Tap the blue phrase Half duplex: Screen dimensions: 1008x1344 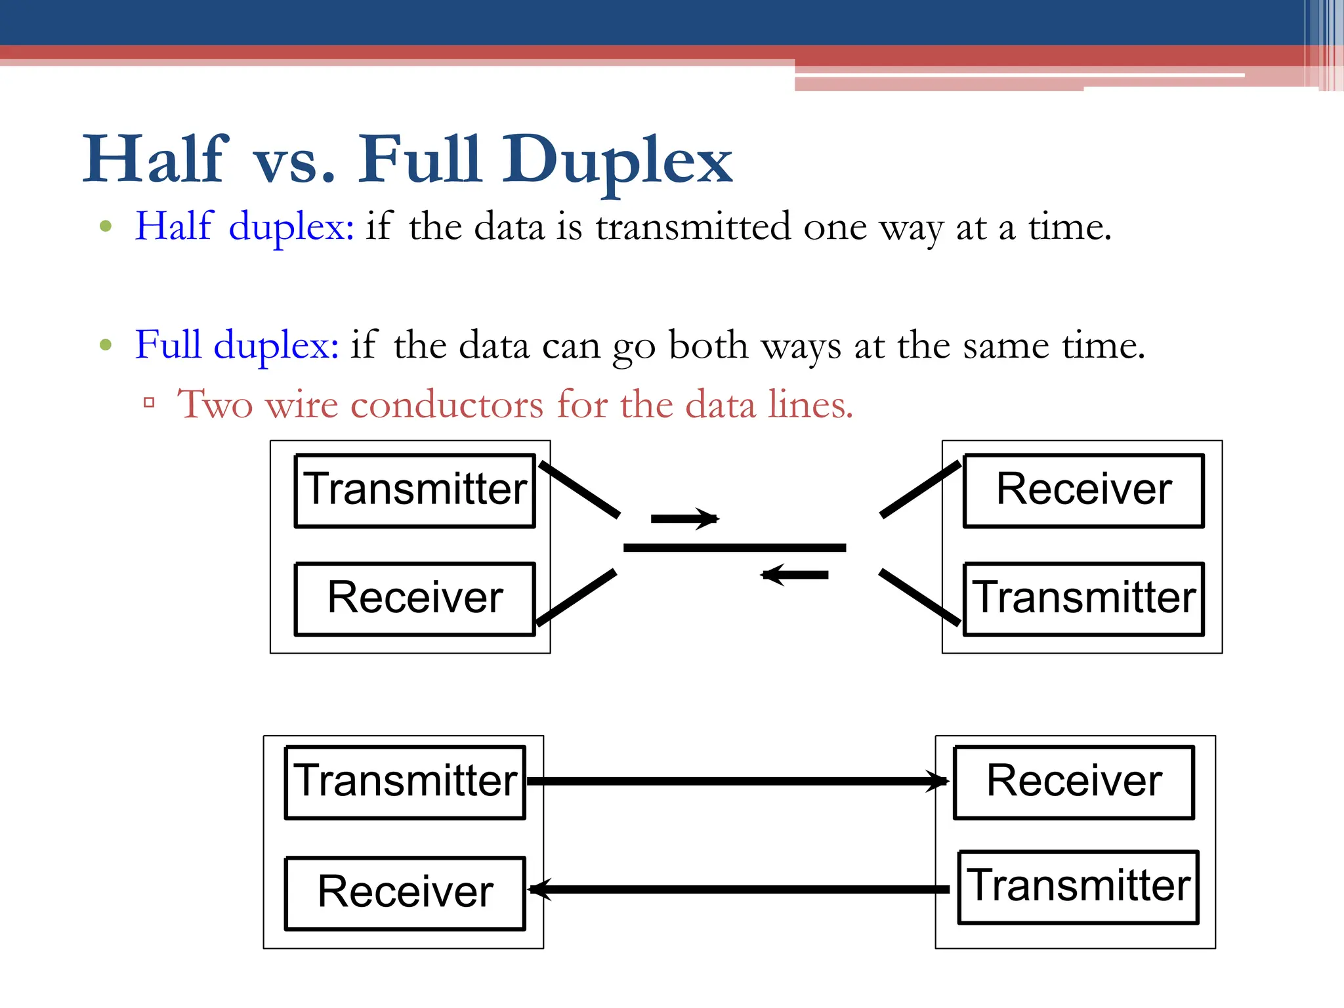pyautogui.click(x=244, y=226)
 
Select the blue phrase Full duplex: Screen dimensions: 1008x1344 pyautogui.click(x=236, y=345)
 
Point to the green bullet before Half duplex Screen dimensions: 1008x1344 pyautogui.click(x=106, y=226)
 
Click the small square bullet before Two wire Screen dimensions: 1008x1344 pyautogui.click(x=149, y=402)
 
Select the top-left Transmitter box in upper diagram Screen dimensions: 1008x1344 pyautogui.click(x=415, y=490)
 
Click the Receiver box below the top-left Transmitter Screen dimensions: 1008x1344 pyautogui.click(x=415, y=598)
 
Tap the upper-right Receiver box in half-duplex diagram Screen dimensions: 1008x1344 pyautogui.click(x=1083, y=490)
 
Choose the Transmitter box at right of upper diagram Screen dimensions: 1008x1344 pyautogui.click(x=1083, y=598)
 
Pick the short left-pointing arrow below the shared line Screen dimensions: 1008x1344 pyautogui.click(x=794, y=575)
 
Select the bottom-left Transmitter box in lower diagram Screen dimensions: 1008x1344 pyautogui.click(x=405, y=781)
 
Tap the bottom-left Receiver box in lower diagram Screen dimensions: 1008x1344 pyautogui.click(x=405, y=892)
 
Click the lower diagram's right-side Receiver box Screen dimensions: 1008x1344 pyautogui.click(x=1074, y=781)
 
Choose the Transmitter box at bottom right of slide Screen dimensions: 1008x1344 pyautogui.click(x=1078, y=886)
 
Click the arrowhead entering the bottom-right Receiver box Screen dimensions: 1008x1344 pyautogui.click(x=938, y=781)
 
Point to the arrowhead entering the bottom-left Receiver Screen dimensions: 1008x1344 pyautogui.click(x=539, y=889)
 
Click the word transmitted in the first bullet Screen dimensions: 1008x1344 pyautogui.click(x=693, y=226)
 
